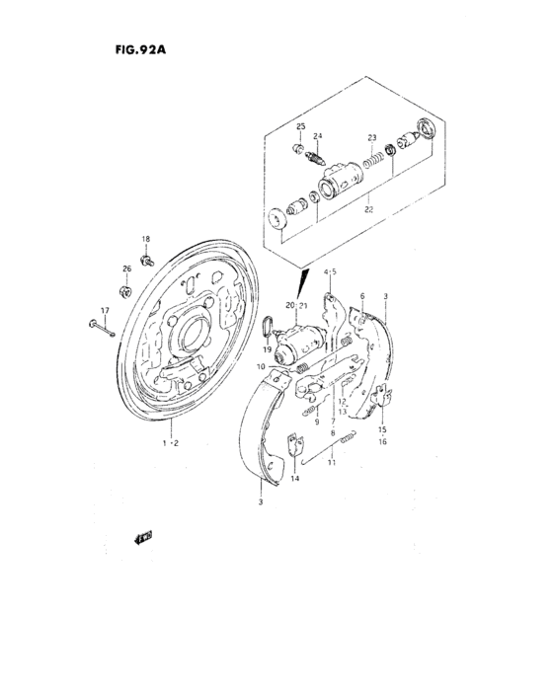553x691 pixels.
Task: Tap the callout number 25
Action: point(300,127)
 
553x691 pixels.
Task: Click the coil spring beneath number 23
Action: point(372,155)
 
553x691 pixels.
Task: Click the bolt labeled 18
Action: point(145,260)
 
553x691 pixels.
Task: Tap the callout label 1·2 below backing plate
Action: point(169,443)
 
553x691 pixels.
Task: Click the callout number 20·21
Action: point(298,305)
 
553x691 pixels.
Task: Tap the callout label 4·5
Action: point(330,271)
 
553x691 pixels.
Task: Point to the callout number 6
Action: point(362,296)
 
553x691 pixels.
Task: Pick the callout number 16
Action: point(381,443)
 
